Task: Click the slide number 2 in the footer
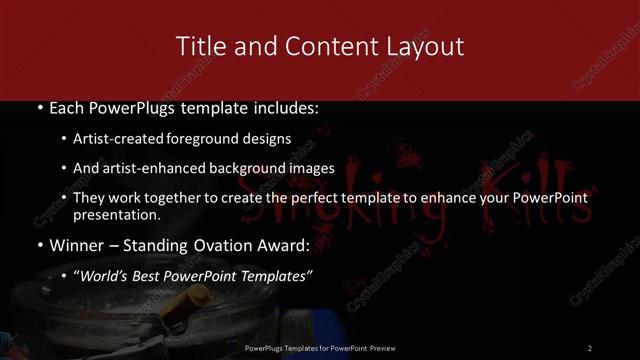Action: point(590,347)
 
